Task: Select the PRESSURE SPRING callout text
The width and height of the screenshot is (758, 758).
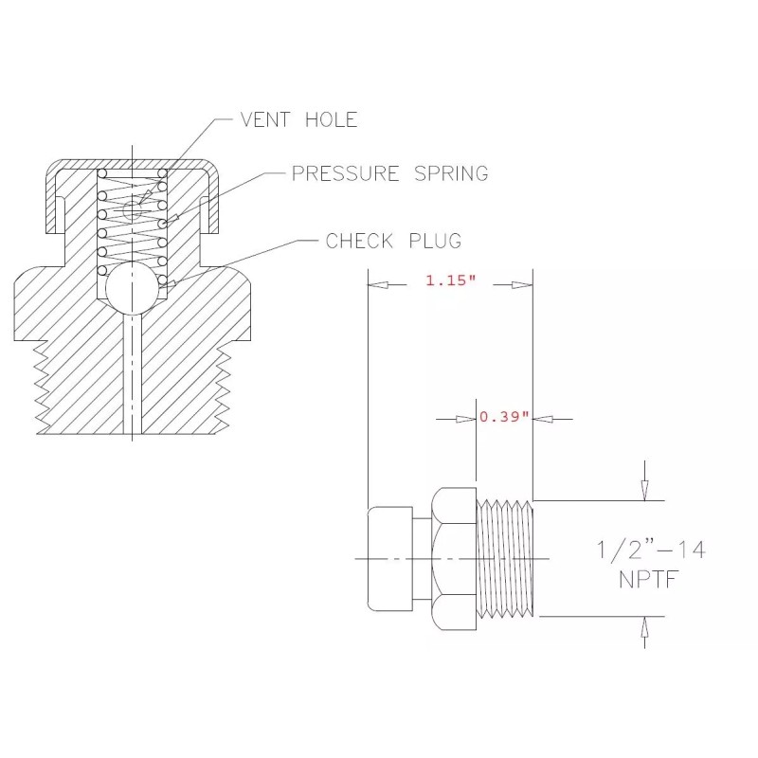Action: [x=389, y=173]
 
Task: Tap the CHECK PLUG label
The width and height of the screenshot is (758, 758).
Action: [x=393, y=241]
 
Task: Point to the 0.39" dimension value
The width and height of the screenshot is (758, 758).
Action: [x=503, y=417]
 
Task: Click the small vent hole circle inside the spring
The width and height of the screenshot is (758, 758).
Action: [x=133, y=213]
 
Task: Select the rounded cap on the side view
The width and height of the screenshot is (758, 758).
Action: [x=389, y=559]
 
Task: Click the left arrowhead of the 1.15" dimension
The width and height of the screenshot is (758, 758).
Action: [x=376, y=284]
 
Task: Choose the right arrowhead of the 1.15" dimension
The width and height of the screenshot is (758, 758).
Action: [x=522, y=284]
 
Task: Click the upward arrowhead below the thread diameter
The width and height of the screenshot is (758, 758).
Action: [x=644, y=626]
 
